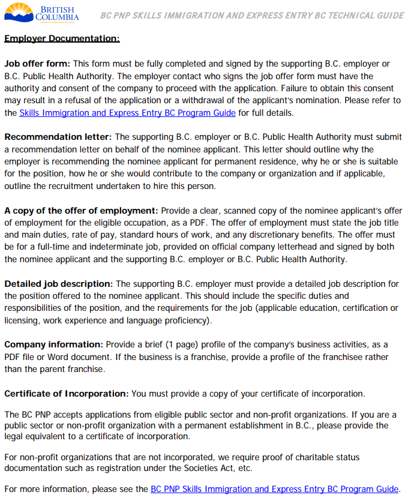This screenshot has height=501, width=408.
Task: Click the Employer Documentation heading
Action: [x=62, y=39]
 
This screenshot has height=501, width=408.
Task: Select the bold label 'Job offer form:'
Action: [x=37, y=64]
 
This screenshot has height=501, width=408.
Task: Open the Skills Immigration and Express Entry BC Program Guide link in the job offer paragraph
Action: [x=127, y=112]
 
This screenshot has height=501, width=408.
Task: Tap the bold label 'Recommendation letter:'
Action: [x=58, y=137]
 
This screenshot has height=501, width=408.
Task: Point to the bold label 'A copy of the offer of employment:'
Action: [x=81, y=211]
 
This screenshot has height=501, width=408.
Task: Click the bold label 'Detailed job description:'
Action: [x=59, y=284]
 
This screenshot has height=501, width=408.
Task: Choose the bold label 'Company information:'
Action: [x=54, y=344]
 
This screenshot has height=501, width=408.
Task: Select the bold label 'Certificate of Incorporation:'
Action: [x=67, y=394]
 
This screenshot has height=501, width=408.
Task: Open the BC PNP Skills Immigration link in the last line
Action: [x=274, y=488]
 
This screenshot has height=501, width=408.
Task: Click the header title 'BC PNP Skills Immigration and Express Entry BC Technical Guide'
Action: [x=252, y=15]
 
